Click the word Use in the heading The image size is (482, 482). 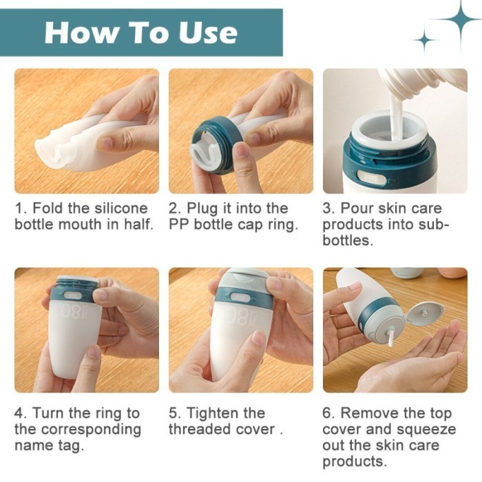point(208,32)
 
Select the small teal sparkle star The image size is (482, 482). point(424,40)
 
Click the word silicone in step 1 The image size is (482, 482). point(120,208)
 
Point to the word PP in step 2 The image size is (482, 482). point(179,224)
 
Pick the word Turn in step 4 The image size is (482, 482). point(48,412)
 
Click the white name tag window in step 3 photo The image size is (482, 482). point(371,178)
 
